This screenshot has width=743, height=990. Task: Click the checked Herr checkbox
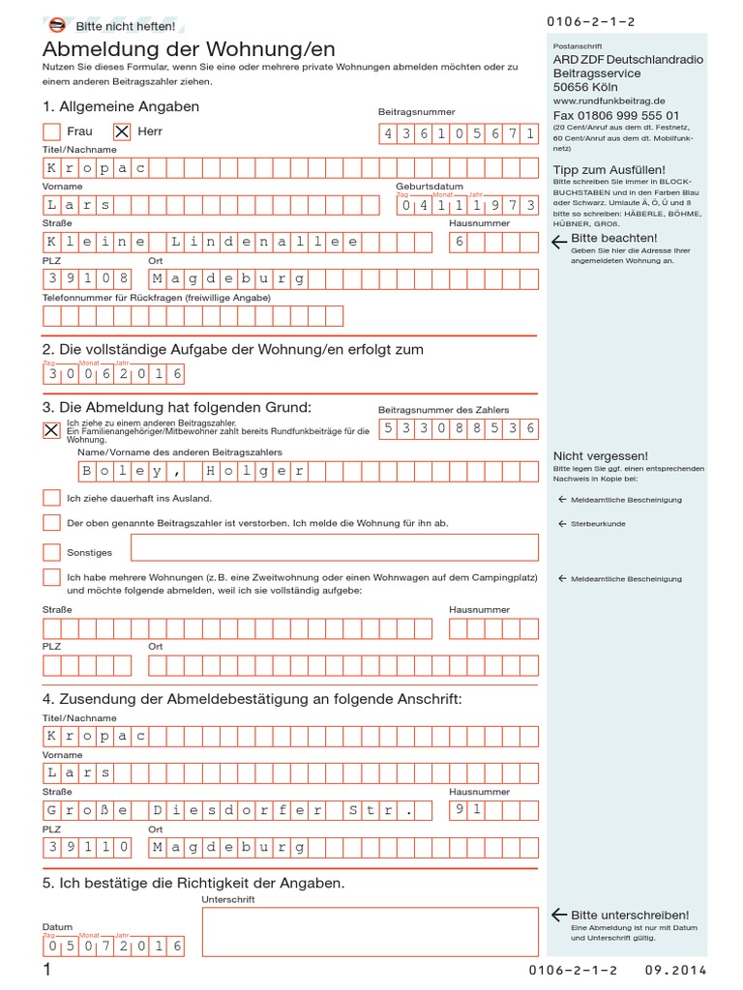pos(122,131)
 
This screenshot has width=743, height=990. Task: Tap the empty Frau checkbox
pos(52,131)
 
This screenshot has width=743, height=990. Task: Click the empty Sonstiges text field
pos(334,547)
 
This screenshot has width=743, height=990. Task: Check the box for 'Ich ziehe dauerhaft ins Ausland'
pos(52,498)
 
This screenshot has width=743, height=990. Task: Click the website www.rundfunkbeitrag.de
pos(609,100)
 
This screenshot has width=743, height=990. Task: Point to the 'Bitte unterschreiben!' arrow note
pos(619,915)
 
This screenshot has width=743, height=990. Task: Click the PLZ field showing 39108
pos(88,278)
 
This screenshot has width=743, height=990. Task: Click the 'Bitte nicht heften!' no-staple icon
pos(57,26)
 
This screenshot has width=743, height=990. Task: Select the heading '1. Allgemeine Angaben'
pos(121,106)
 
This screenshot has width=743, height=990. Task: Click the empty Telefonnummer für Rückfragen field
pos(193,316)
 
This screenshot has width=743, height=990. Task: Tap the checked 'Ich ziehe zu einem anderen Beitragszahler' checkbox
pos(52,430)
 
